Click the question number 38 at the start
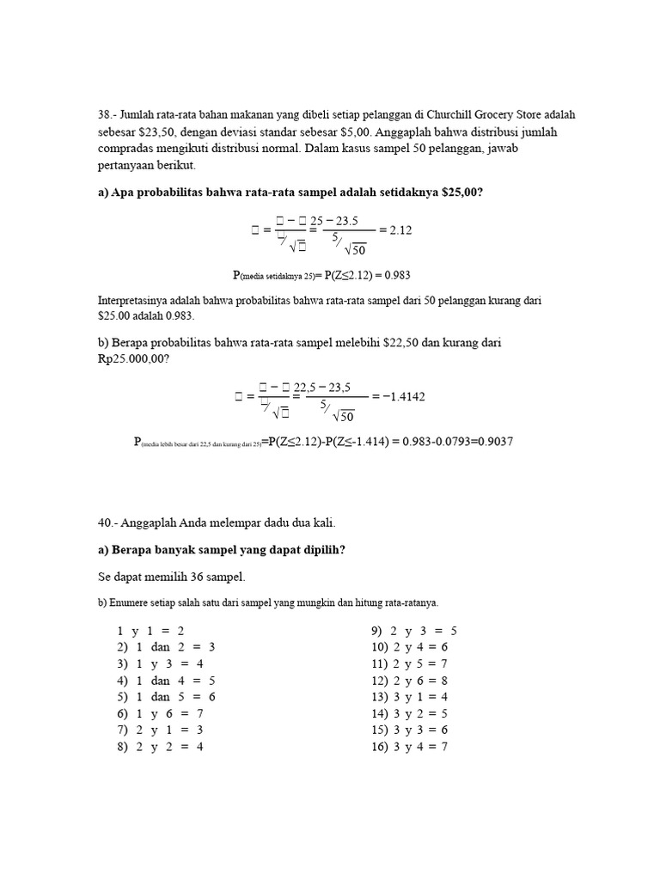(x=107, y=114)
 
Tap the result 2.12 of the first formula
(x=401, y=230)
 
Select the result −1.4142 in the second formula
(x=402, y=396)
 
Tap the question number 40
(x=107, y=522)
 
